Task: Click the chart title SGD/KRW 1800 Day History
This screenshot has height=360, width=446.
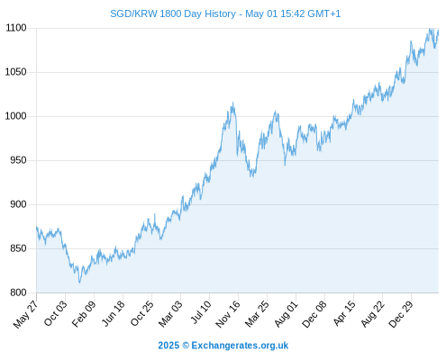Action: [173, 13]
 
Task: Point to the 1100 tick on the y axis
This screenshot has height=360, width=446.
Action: [16, 28]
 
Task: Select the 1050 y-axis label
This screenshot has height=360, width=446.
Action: [16, 72]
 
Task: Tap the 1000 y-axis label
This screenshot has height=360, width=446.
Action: [16, 116]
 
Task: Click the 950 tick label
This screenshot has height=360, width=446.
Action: [18, 160]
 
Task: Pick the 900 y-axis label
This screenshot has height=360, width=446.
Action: [18, 204]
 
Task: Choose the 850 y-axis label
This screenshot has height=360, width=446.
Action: [18, 248]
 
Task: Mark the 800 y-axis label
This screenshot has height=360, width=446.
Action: [18, 292]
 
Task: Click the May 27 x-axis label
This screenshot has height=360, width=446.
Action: [26, 313]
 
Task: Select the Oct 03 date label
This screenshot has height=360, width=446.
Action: [56, 313]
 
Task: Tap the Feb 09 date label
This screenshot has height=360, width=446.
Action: [84, 313]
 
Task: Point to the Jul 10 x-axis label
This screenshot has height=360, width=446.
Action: [201, 312]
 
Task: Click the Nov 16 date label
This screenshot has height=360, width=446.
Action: [228, 313]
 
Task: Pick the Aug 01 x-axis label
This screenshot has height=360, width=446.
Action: [287, 313]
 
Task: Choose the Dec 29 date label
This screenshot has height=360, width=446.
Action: [401, 313]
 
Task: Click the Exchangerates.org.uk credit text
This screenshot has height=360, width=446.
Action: [240, 346]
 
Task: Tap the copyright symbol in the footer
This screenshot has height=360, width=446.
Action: [186, 346]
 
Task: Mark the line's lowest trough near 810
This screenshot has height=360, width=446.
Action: [79, 283]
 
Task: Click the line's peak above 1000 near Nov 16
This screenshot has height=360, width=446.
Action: [232, 103]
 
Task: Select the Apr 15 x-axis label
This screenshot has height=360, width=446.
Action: [344, 313]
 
